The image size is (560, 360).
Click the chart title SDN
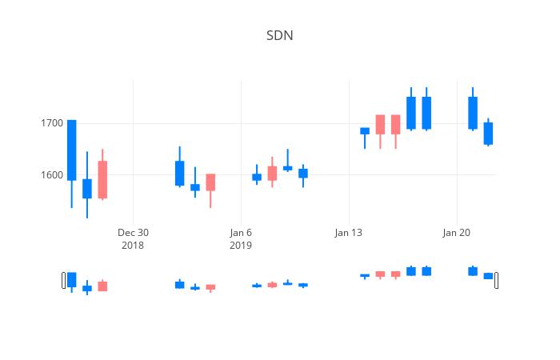279,36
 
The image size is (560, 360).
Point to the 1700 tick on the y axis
51,123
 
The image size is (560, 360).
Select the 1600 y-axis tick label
51,175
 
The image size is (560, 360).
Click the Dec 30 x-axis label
133,233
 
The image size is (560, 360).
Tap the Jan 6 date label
241,233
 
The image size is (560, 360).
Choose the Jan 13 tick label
348,233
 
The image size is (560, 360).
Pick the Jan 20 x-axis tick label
456,233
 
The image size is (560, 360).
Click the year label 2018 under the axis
133,245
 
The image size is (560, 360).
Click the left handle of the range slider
64,280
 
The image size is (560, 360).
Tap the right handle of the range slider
496,280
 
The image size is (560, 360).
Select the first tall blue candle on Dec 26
71,150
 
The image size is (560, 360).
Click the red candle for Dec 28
102,179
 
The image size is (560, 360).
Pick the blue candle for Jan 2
179,173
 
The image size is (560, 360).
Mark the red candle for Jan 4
210,182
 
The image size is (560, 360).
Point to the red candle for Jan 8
272,173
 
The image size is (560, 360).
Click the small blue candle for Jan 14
365,130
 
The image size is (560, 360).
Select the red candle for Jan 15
380,124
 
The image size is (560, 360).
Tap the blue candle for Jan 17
411,113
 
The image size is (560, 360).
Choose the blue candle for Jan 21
473,113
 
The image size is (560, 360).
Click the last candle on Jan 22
488,133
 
